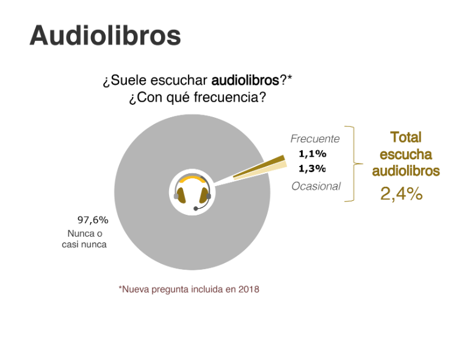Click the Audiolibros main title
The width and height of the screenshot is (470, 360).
click(105, 35)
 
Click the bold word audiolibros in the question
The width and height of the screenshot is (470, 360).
click(245, 81)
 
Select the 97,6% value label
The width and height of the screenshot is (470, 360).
click(93, 220)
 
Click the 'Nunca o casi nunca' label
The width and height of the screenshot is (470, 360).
click(84, 239)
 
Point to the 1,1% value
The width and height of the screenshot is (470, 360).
click(313, 154)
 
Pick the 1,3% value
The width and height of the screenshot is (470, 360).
click(313, 169)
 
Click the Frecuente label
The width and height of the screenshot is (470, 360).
click(315, 139)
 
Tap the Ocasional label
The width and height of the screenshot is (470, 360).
click(316, 187)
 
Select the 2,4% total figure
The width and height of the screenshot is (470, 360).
click(402, 193)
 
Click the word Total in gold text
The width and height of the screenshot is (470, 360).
click(406, 137)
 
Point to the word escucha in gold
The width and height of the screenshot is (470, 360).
click(406, 154)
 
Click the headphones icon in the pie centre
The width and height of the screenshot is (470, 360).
click(192, 192)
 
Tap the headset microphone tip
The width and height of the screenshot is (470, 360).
click(196, 209)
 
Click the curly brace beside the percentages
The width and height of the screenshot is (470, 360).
click(353, 164)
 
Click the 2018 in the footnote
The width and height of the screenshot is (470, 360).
click(249, 290)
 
